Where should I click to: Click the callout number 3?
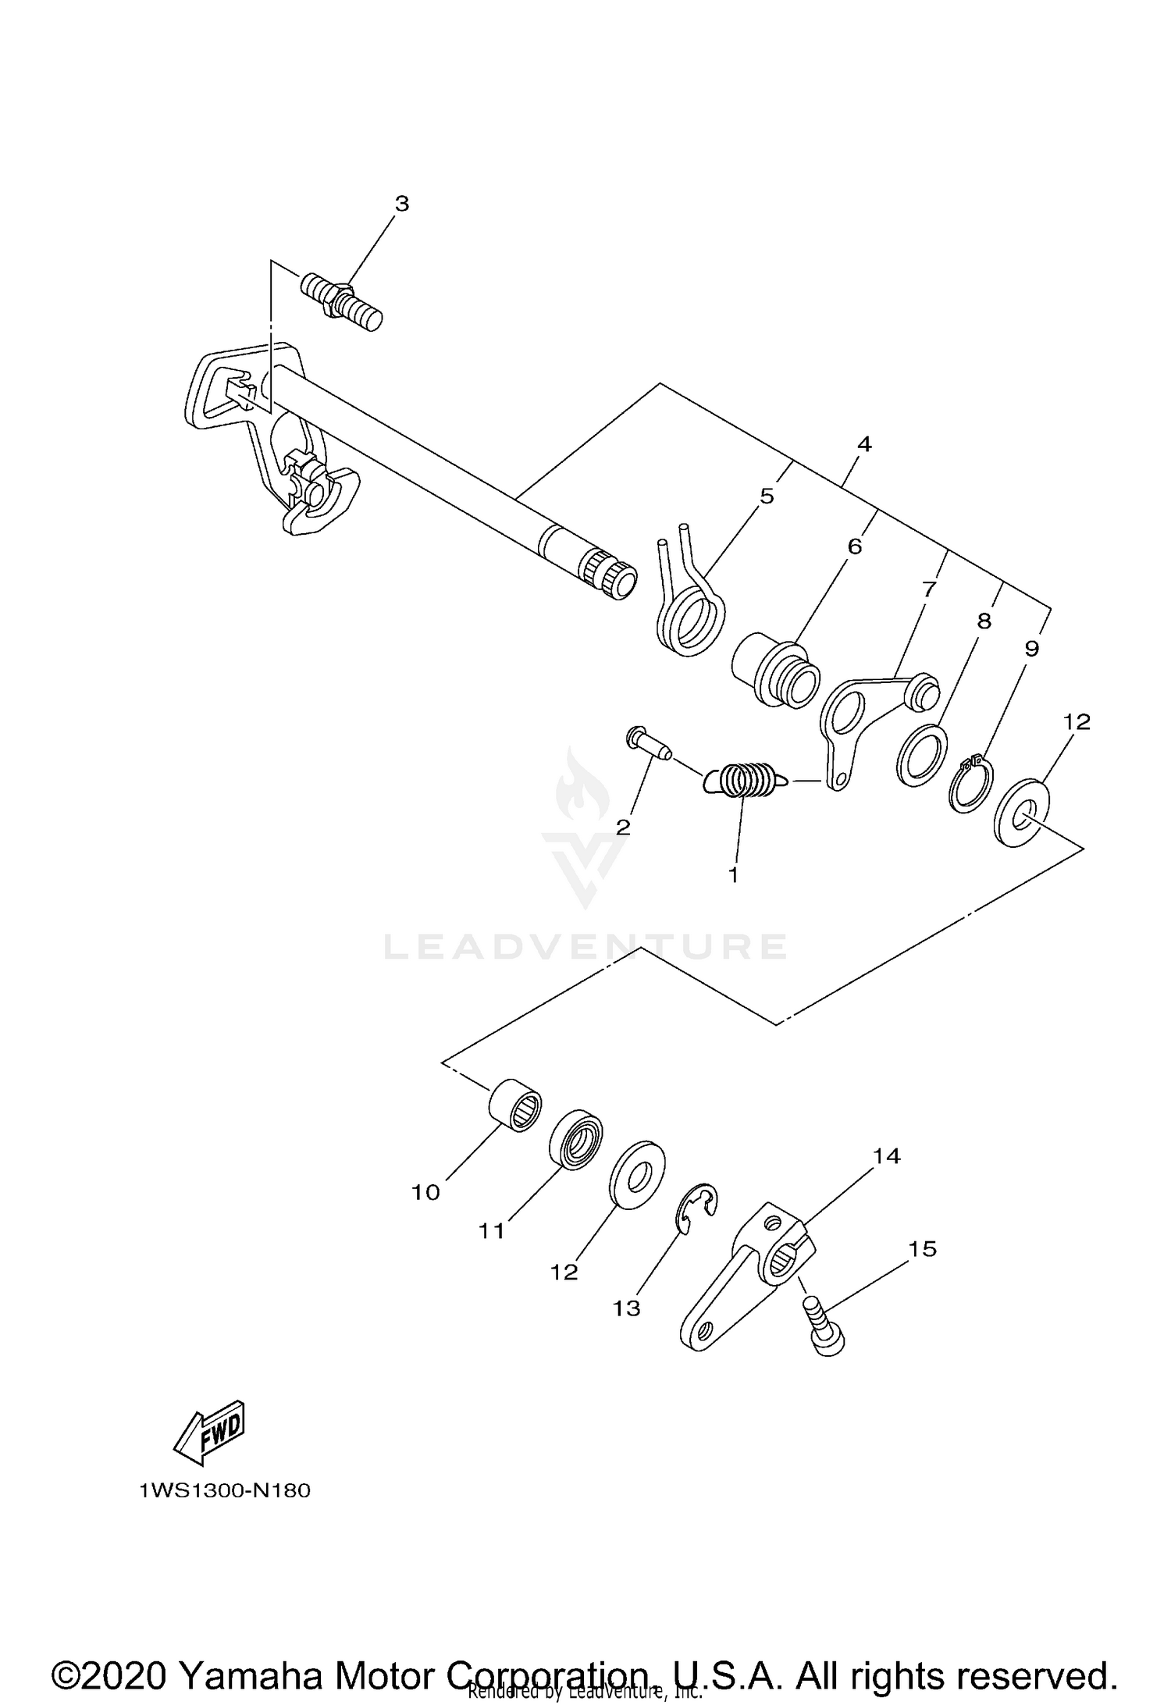[401, 204]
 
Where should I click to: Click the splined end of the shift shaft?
[613, 577]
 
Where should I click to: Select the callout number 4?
[863, 444]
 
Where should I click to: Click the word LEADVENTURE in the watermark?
[585, 947]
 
